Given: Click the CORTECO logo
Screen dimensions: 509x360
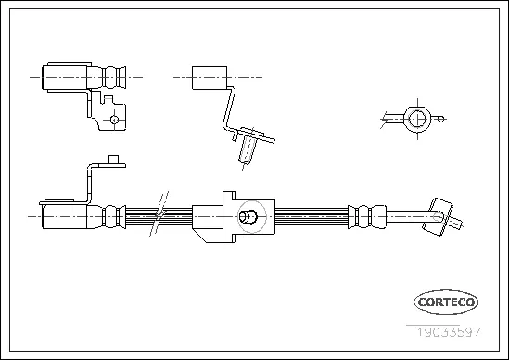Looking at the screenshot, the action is point(446,302).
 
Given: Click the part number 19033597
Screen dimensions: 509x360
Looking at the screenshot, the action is point(449,332).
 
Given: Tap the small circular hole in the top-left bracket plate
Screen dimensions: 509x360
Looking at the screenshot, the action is point(114,120).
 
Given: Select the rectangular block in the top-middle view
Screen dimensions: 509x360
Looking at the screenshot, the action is point(210,78).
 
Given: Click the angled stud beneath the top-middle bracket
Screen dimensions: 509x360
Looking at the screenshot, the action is point(246,148).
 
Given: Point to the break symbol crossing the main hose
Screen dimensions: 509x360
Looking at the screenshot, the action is point(159,213).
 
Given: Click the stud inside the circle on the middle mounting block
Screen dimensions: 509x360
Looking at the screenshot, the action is point(248,216).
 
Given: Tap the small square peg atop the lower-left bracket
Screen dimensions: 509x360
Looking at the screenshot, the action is point(113,160).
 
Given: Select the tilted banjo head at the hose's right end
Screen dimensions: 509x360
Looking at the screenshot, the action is point(438,217).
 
